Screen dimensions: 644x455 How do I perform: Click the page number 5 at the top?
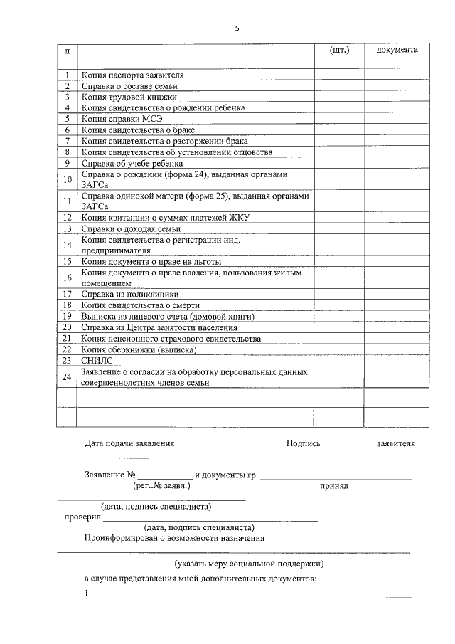[237, 28]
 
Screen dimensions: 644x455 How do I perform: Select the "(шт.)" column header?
[340, 50]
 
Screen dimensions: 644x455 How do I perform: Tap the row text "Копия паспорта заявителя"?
[133, 75]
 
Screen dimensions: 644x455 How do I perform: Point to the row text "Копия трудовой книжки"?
[129, 97]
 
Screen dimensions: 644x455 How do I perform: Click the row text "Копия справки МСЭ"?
[122, 119]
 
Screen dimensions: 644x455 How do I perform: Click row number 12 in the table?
[67, 218]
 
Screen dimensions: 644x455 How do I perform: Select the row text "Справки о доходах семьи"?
[131, 229]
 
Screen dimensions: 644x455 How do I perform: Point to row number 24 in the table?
[67, 376]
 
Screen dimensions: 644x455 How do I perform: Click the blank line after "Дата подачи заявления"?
[217, 446]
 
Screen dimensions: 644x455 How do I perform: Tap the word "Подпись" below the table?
[304, 443]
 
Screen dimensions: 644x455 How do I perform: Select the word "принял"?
[333, 487]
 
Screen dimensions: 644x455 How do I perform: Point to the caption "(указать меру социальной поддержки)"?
[250, 564]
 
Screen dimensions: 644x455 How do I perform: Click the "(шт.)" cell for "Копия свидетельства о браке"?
[340, 130]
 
